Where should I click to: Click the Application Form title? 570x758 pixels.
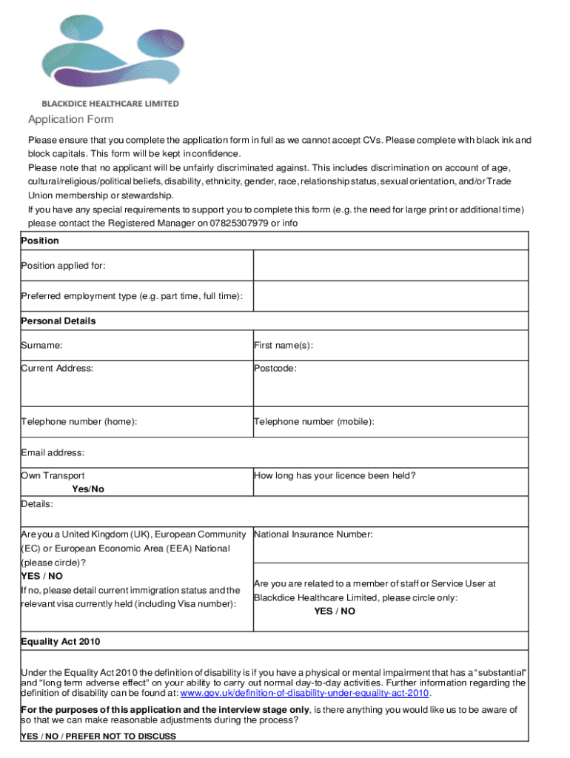pyautogui.click(x=71, y=120)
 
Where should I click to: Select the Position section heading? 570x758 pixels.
pyautogui.click(x=40, y=241)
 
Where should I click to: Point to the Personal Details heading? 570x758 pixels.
pyautogui.click(x=58, y=321)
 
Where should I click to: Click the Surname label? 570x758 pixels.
pyautogui.click(x=42, y=345)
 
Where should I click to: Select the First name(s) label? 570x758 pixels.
pyautogui.click(x=284, y=345)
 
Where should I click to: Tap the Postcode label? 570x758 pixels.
pyautogui.click(x=275, y=368)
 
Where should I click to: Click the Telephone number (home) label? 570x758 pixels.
pyautogui.click(x=79, y=422)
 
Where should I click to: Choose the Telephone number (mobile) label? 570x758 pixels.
pyautogui.click(x=314, y=422)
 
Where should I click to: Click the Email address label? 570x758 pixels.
pyautogui.click(x=53, y=452)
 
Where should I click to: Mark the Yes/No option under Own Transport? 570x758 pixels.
pyautogui.click(x=88, y=489)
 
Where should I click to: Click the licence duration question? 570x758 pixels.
pyautogui.click(x=335, y=476)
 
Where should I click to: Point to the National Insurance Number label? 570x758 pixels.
pyautogui.click(x=314, y=534)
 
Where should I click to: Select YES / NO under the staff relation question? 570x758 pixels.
pyautogui.click(x=335, y=611)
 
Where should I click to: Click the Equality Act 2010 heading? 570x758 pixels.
pyautogui.click(x=61, y=642)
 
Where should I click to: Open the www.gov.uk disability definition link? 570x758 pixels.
pyautogui.click(x=305, y=694)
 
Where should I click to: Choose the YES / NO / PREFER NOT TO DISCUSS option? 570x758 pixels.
pyautogui.click(x=98, y=737)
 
